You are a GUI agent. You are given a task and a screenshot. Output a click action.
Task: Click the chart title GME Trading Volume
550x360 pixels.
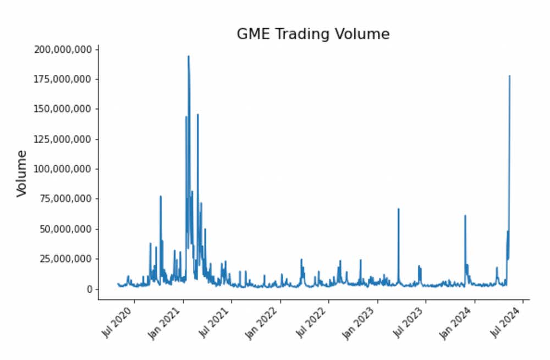[313, 34]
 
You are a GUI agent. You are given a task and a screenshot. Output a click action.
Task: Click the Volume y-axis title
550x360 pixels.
[22, 173]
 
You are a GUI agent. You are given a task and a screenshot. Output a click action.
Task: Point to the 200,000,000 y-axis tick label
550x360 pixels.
[63, 50]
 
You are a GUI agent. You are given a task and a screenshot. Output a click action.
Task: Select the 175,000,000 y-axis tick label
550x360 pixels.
[63, 79]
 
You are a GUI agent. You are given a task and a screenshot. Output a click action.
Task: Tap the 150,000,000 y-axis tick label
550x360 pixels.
[63, 109]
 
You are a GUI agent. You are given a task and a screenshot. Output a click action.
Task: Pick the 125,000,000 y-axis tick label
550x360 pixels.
[63, 139]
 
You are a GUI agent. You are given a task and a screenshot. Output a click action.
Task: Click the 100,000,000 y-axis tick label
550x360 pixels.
[63, 169]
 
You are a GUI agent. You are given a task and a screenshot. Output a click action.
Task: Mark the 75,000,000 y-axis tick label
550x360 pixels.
[65, 199]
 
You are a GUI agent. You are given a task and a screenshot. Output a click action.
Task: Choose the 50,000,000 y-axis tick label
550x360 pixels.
[65, 229]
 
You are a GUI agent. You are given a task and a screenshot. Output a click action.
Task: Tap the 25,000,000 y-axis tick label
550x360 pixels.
[65, 259]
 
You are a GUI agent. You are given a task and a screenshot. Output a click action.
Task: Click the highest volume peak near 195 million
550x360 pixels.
[188, 56]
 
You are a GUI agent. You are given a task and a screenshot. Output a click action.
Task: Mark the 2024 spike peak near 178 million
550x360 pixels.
[509, 76]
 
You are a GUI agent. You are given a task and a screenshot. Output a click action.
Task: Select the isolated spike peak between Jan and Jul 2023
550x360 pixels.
[398, 209]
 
